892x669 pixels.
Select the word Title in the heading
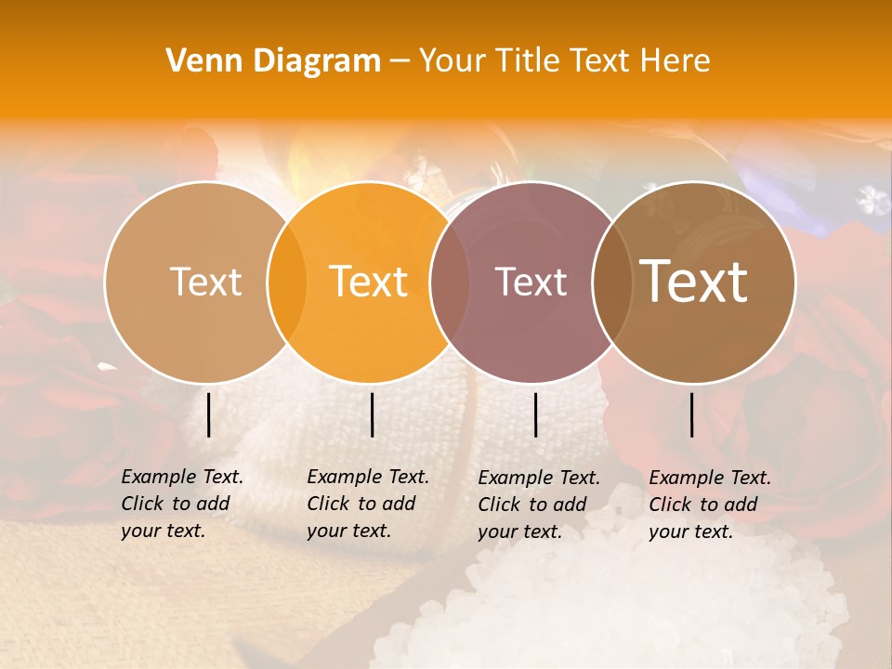pos(531,61)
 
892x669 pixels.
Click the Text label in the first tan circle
pos(205,282)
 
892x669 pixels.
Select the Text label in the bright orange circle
pos(369,282)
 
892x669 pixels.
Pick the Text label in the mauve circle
pos(531,282)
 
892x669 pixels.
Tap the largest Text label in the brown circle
pos(694,282)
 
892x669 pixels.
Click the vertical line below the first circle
pos(208,414)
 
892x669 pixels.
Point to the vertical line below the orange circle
pos(372,414)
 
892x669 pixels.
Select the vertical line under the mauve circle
pos(535,414)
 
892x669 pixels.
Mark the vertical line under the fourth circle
pos(691,414)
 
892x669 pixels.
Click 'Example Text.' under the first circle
pos(182,478)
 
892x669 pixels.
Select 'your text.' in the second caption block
pos(348,531)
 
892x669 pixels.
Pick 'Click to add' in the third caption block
pos(531,505)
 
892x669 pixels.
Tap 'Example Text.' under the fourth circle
pos(710,479)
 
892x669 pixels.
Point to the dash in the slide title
pos(400,61)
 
